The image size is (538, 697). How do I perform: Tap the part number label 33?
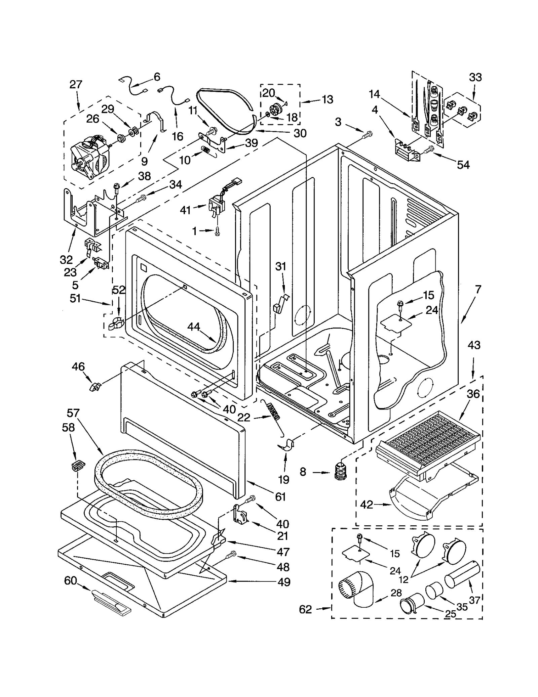click(x=475, y=78)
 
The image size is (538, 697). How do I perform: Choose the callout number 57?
click(x=73, y=413)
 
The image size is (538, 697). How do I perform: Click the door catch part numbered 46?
click(x=95, y=386)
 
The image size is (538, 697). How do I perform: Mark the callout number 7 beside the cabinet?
click(x=478, y=289)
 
